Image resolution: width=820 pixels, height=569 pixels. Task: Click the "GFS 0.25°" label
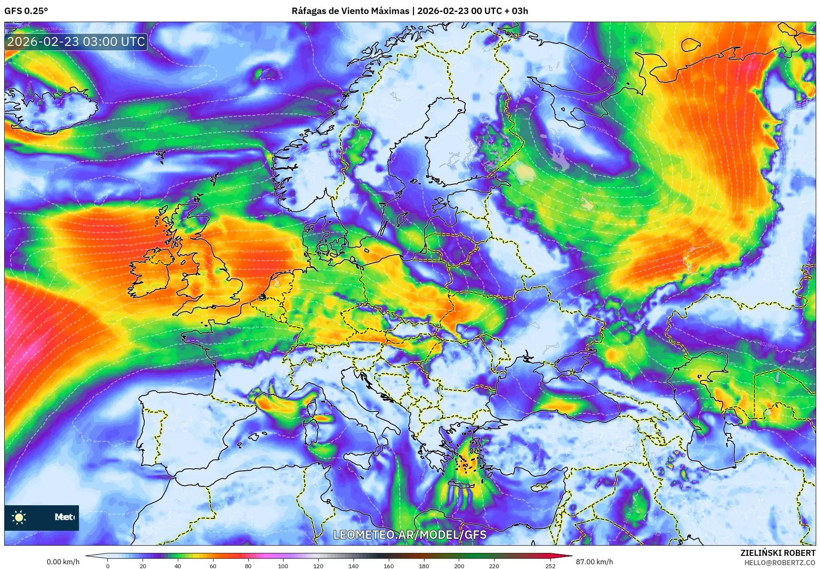(x=26, y=11)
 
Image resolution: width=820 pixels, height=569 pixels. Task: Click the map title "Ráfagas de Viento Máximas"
(x=350, y=11)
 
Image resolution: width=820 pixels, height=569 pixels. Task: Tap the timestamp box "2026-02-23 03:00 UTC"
(x=76, y=42)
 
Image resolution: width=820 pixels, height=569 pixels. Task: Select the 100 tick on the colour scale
(x=283, y=565)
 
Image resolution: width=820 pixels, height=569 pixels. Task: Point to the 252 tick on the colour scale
(x=550, y=565)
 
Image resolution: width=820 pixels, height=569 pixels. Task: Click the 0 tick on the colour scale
(x=108, y=565)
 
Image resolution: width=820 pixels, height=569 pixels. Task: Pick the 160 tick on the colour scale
(x=388, y=565)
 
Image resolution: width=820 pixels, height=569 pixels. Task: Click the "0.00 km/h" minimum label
(x=63, y=562)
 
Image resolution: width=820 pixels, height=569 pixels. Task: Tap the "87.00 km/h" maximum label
(x=594, y=562)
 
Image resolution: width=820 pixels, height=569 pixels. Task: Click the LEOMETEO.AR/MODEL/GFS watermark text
(x=410, y=535)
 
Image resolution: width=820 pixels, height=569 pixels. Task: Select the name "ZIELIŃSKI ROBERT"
(x=778, y=553)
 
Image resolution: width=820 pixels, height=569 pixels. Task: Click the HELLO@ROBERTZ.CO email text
(x=780, y=563)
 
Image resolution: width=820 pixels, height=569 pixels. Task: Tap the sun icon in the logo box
(x=19, y=517)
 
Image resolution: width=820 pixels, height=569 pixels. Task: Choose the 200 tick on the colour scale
(x=459, y=565)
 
